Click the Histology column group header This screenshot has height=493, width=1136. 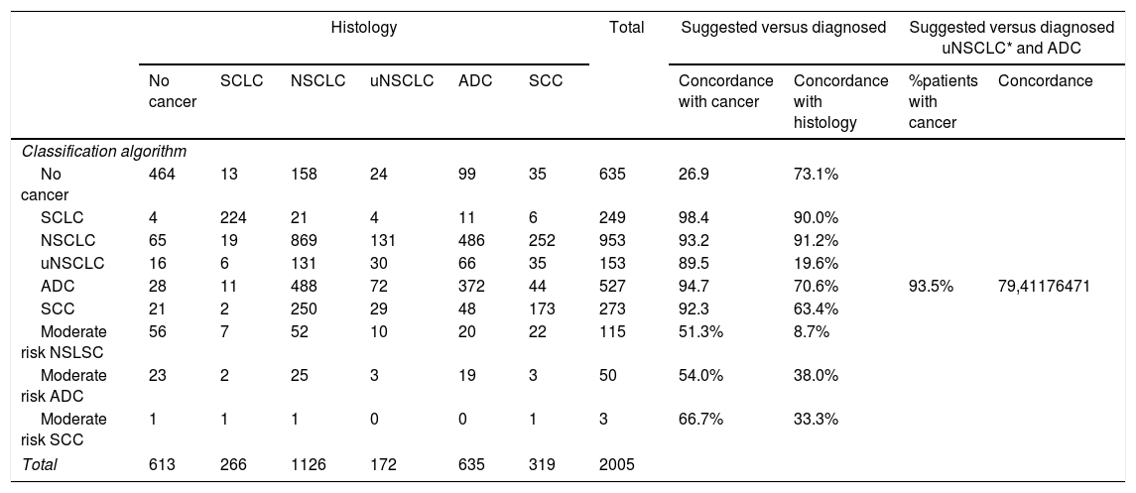coord(364,28)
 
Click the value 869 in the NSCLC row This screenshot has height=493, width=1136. coord(304,240)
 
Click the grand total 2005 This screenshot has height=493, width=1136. coord(616,465)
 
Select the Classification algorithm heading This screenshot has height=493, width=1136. coord(104,152)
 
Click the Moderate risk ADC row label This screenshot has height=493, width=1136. coord(63,385)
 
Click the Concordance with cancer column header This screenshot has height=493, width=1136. coord(725,91)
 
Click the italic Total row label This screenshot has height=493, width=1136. coord(40,465)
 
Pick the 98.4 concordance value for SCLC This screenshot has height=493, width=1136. coord(692,218)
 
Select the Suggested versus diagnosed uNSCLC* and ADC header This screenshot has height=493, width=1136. coord(1011,39)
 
